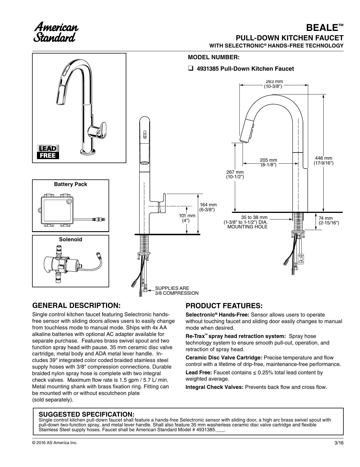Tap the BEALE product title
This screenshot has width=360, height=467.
pyautogui.click(x=324, y=28)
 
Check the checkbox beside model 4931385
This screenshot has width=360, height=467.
pyautogui.click(x=190, y=69)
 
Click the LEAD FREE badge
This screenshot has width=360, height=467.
pyautogui.click(x=48, y=152)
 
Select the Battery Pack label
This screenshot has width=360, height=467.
pyautogui.click(x=70, y=184)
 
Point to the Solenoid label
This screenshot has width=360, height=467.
pyautogui.click(x=70, y=240)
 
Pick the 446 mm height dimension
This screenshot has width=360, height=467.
pyautogui.click(x=323, y=161)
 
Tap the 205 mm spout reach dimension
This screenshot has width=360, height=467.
pyautogui.click(x=268, y=163)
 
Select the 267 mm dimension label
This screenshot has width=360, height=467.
pyautogui.click(x=235, y=175)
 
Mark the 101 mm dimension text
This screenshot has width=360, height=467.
pyautogui.click(x=187, y=218)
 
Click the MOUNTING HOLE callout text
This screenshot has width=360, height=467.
pyautogui.click(x=247, y=227)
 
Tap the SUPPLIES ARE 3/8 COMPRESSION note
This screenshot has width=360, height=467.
pyautogui.click(x=177, y=291)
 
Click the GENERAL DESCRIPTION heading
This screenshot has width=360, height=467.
pyautogui.click(x=76, y=305)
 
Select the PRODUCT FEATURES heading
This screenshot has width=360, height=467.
pyautogui.click(x=224, y=306)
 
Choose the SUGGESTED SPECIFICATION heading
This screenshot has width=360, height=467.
pyautogui.click(x=86, y=414)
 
